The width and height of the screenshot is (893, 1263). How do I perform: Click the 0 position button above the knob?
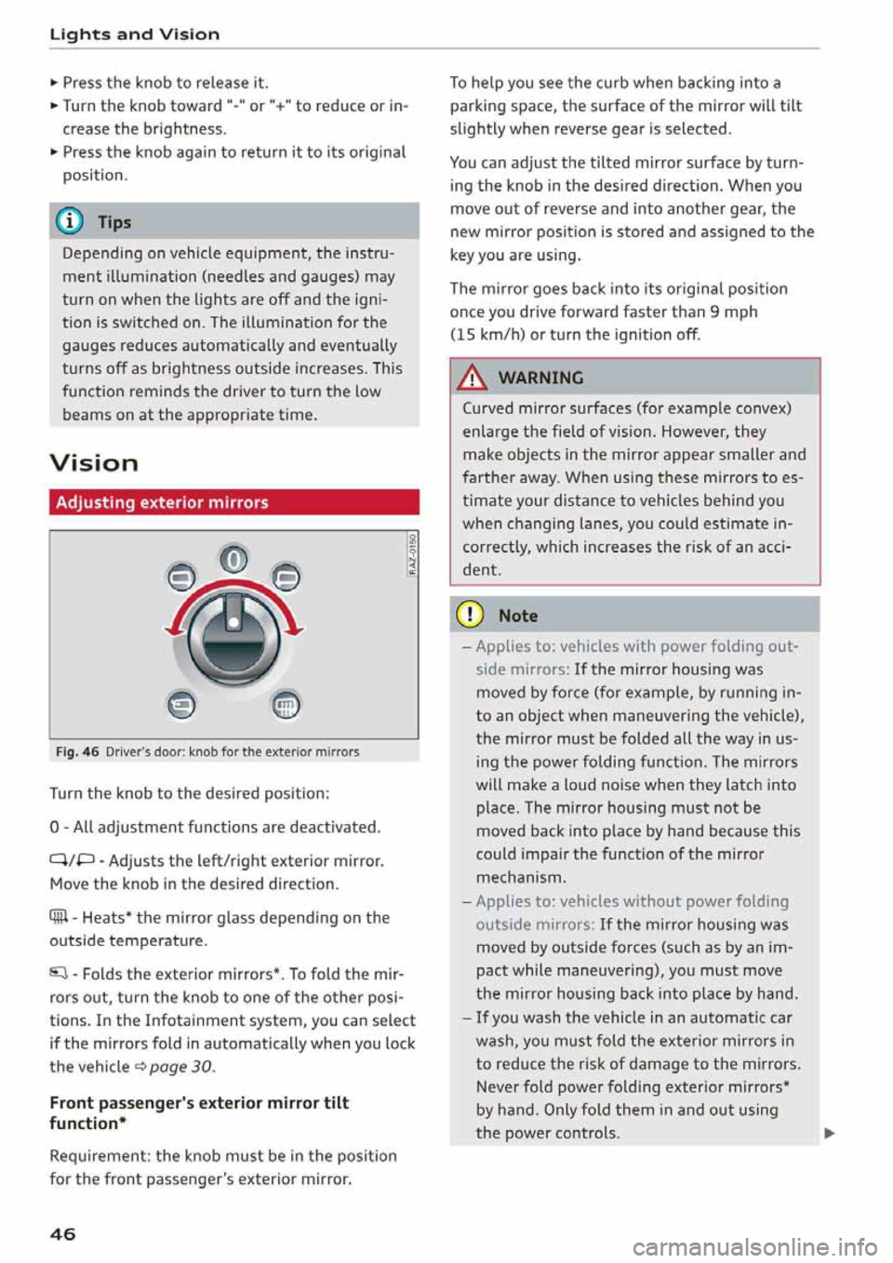[233, 560]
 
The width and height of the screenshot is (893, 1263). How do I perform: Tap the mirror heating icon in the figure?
[286, 707]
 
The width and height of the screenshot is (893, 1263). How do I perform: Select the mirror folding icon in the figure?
[181, 707]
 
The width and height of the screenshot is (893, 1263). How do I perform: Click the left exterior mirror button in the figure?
[180, 578]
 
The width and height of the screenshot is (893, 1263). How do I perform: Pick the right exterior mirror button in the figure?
[287, 578]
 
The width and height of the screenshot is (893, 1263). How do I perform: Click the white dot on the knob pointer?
[234, 621]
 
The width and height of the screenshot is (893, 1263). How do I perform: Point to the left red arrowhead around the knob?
[171, 631]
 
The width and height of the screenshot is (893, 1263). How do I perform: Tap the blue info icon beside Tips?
[72, 221]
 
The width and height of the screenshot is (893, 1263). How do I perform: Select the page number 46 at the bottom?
[63, 1234]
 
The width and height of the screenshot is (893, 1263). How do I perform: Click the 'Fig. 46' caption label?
[77, 751]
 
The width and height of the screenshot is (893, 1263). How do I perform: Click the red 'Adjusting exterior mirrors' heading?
[162, 502]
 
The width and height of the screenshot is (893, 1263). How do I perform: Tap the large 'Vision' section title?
[94, 462]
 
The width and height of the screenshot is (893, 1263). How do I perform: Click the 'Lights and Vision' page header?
[135, 34]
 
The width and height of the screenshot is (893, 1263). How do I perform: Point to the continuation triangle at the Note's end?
[829, 1133]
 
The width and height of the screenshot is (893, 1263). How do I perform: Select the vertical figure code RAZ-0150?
[411, 555]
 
